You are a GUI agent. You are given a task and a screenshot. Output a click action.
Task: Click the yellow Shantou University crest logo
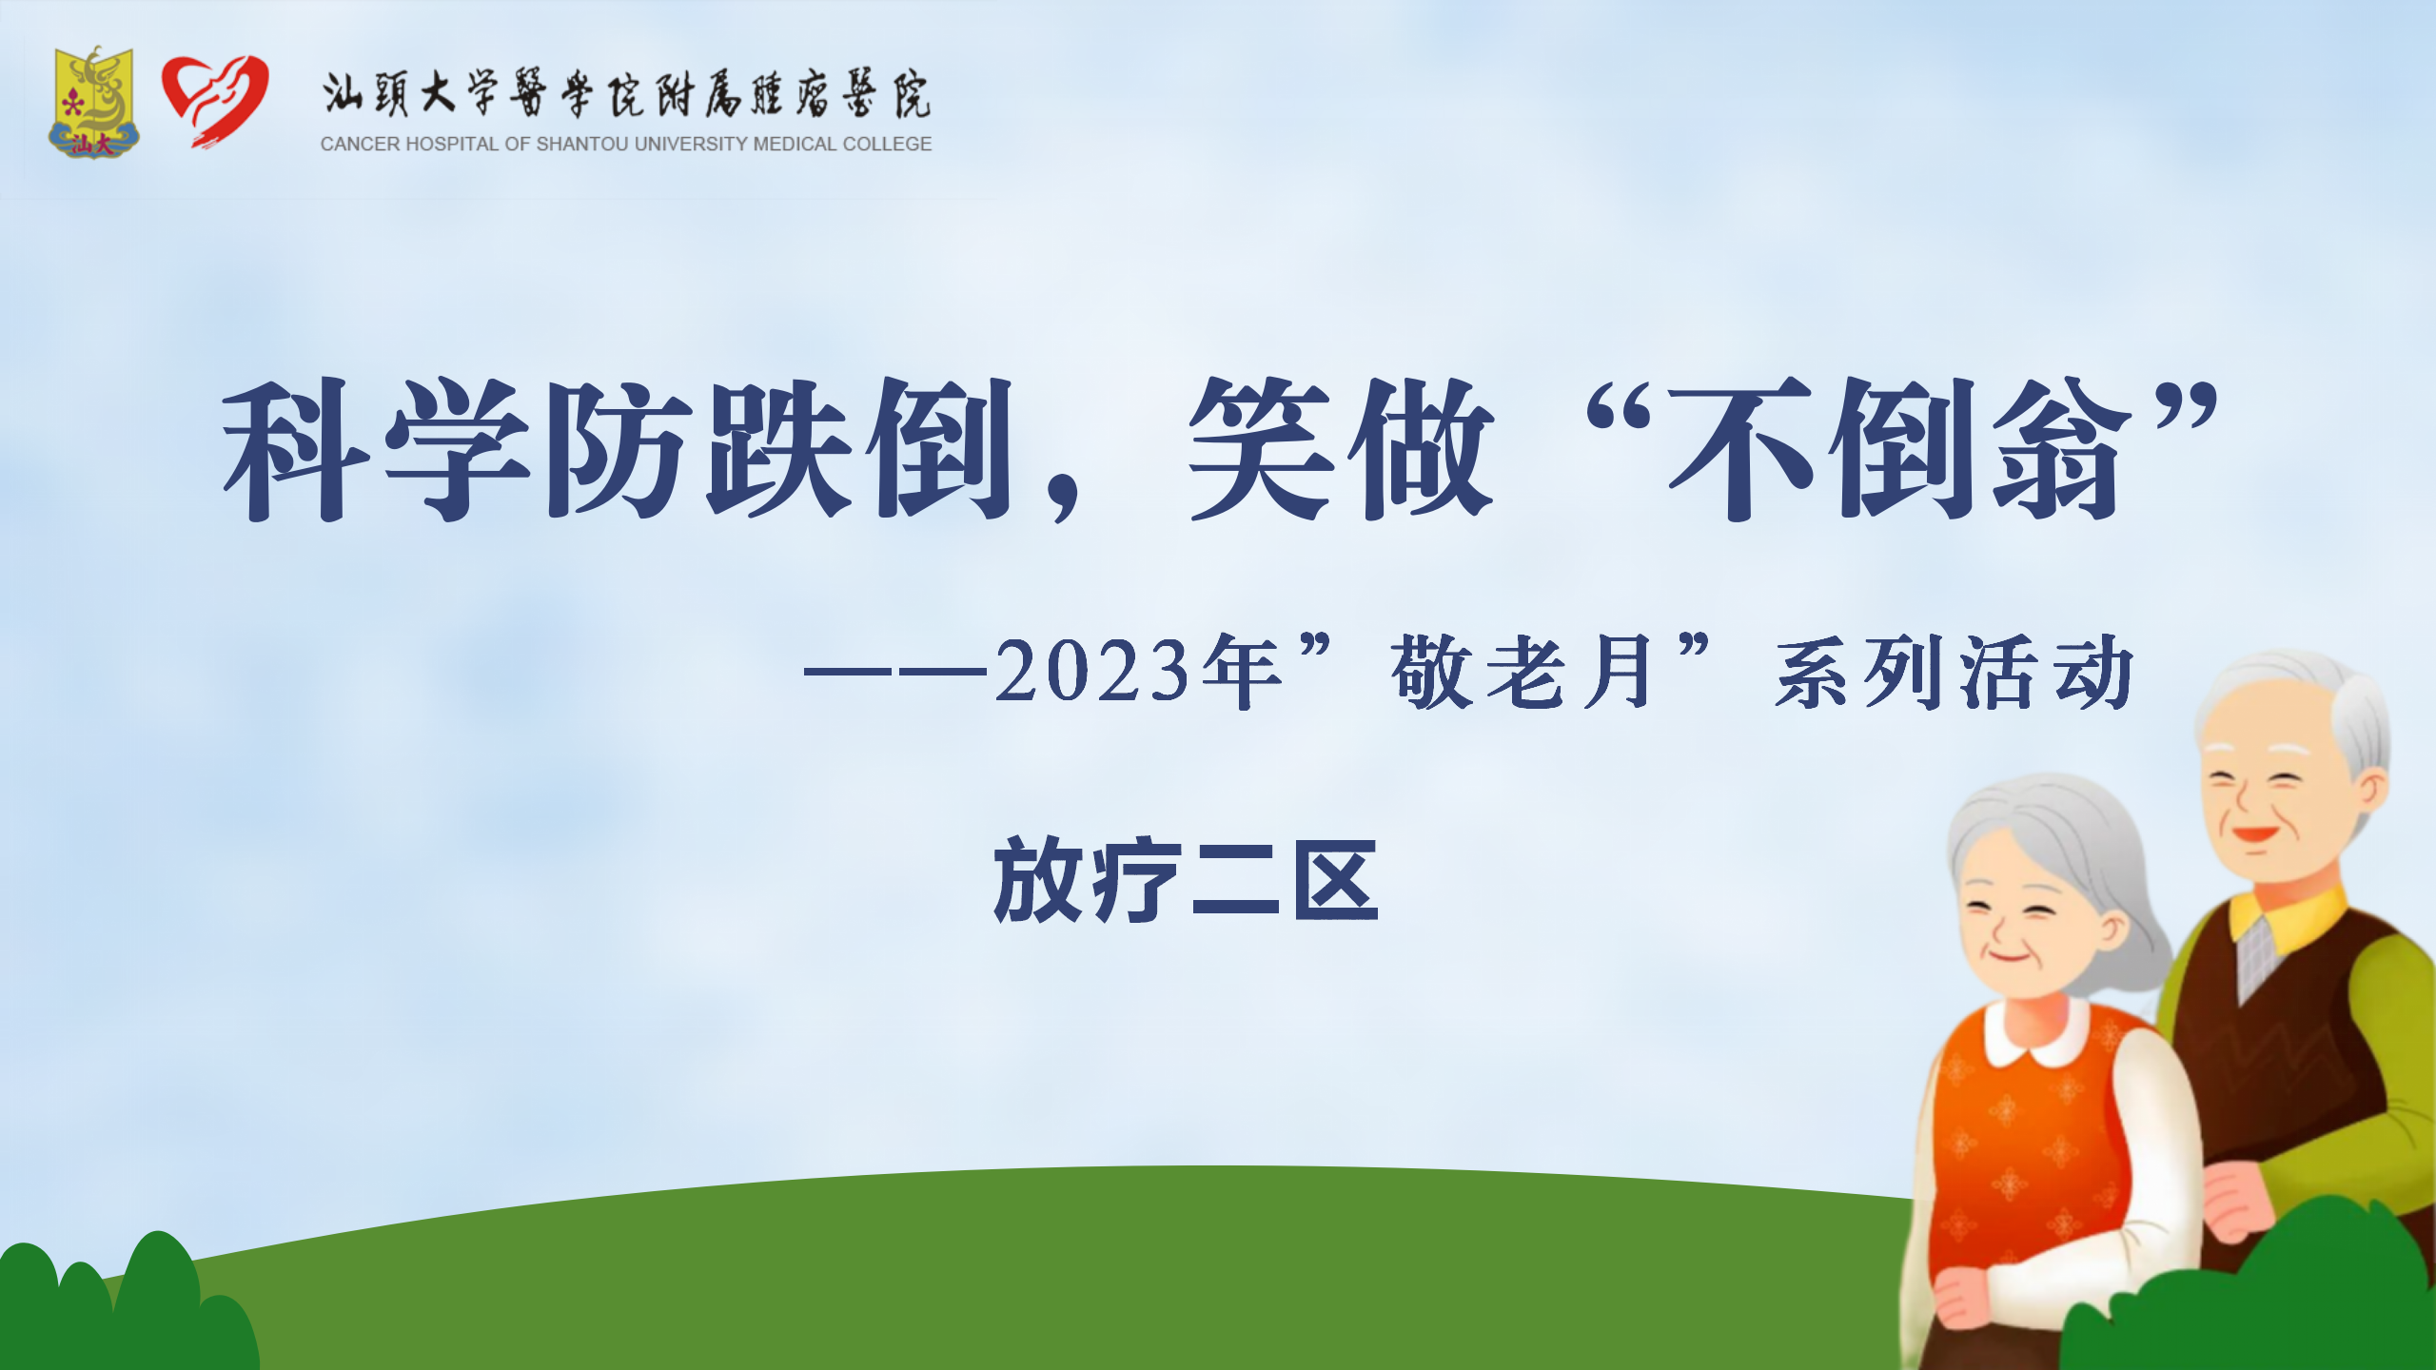(93, 102)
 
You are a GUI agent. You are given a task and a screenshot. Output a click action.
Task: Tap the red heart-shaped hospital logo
(215, 100)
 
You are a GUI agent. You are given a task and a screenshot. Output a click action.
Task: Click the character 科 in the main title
(295, 449)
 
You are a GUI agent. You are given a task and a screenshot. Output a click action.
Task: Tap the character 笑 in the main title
(1262, 449)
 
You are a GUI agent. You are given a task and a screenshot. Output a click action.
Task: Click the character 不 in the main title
(1741, 449)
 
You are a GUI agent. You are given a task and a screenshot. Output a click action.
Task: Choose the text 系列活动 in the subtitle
(1955, 672)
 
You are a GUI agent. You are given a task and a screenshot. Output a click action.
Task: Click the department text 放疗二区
(1186, 880)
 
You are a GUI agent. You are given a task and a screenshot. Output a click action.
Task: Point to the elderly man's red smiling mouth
(2254, 834)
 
